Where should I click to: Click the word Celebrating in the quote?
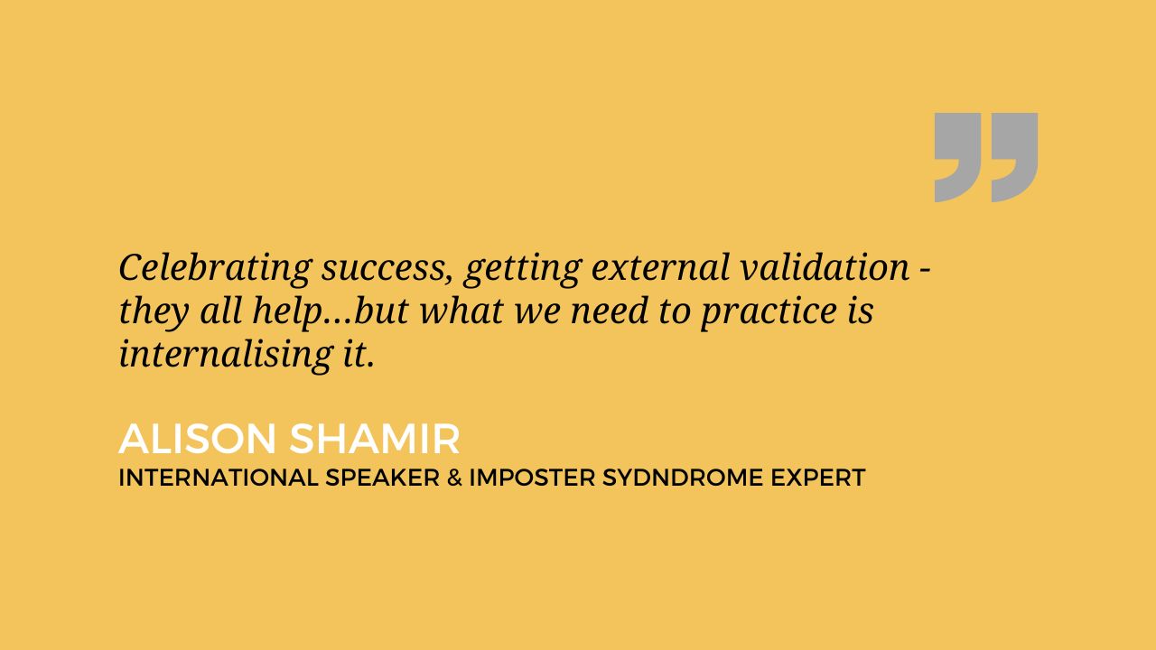(216, 268)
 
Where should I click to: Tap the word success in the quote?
(387, 270)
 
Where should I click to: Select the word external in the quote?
(660, 268)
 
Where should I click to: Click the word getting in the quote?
(522, 270)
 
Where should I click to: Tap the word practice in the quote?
(769, 312)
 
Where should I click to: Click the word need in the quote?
(610, 311)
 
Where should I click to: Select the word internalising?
(226, 355)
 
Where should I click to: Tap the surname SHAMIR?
(375, 439)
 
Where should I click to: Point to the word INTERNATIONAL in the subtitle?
(219, 478)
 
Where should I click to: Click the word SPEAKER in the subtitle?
(382, 478)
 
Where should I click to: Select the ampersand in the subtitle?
(454, 478)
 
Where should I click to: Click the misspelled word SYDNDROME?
(682, 478)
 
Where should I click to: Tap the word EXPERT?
(818, 478)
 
